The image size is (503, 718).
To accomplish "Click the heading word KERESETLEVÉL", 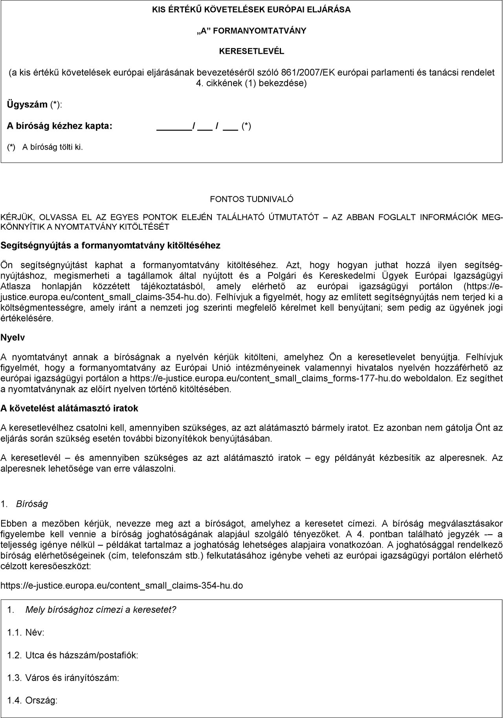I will pyautogui.click(x=251, y=51).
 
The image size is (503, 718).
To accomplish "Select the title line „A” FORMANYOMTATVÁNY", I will pyautogui.click(x=251, y=31).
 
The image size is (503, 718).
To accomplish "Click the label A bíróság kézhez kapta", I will pyautogui.click(x=60, y=126).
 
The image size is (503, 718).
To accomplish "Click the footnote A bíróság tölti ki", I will pyautogui.click(x=53, y=147).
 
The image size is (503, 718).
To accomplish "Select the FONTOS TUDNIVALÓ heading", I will pyautogui.click(x=251, y=199).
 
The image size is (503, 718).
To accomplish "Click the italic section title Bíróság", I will pyautogui.click(x=32, y=504).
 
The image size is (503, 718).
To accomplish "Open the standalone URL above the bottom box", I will pyautogui.click(x=121, y=586).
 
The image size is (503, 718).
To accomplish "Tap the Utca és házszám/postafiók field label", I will pyautogui.click(x=81, y=655).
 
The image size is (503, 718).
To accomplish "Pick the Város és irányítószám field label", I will pyautogui.click(x=72, y=678).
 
